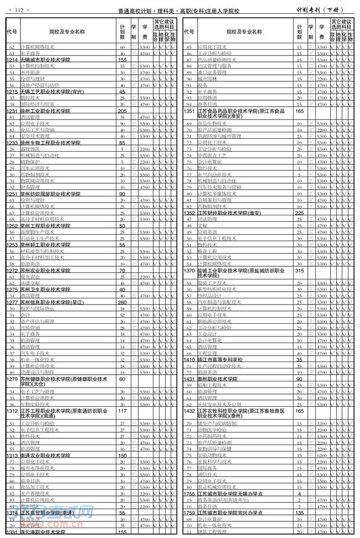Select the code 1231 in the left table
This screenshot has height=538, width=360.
coord(12,111)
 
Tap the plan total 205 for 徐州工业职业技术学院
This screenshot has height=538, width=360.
coord(122,111)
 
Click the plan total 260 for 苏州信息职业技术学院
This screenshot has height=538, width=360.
coord(122,302)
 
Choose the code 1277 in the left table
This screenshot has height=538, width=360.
coord(12,302)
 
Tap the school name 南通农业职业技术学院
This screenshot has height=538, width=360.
coord(45,455)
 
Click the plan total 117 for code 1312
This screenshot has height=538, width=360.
coord(122,411)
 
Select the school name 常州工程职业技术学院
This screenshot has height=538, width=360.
coord(45,226)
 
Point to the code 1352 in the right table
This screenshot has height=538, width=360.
coord(189,213)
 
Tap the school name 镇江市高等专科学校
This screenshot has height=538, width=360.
coord(220,359)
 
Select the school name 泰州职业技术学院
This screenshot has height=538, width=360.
coord(218,379)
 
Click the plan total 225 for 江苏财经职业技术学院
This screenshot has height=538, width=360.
coord(300,213)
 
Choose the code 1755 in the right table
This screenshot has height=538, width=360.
coord(189,493)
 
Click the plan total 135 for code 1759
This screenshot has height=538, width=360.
coord(300,513)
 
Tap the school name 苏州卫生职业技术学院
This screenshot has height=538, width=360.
coord(45,289)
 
